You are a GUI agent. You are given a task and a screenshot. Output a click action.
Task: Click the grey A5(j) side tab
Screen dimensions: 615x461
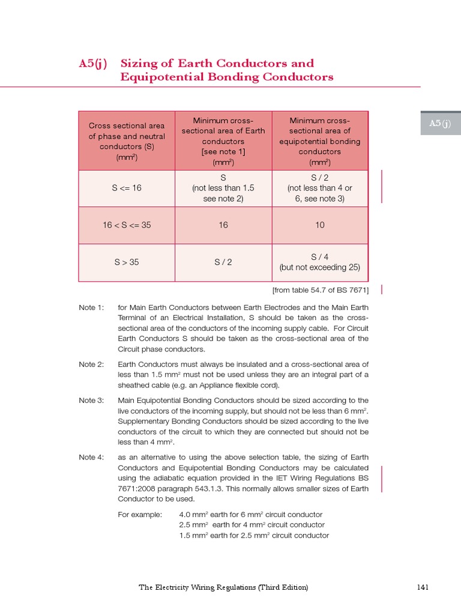coord(440,123)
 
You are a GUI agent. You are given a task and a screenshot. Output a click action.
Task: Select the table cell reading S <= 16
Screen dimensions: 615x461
coord(127,188)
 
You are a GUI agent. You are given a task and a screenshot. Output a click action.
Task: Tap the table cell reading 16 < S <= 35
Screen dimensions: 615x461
coord(127,225)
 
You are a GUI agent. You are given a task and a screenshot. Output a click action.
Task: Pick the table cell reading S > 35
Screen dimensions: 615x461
coord(127,262)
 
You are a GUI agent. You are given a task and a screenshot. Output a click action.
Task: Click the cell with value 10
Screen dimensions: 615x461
coord(320,225)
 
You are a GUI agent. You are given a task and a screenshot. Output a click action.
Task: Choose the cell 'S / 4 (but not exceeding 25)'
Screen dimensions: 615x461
coord(320,262)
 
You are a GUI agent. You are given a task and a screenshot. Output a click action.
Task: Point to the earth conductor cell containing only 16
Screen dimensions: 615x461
coord(223,225)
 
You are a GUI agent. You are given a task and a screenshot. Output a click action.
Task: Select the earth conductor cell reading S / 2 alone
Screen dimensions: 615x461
coord(223,262)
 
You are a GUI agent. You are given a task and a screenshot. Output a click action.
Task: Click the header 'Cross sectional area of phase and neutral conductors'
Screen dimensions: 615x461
coord(127,141)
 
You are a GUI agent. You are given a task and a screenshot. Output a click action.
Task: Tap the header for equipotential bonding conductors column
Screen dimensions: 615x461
coord(320,141)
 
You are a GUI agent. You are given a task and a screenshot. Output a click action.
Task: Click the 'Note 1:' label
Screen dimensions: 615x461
coord(91,307)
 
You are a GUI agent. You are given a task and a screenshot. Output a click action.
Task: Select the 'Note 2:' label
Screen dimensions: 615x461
coord(91,365)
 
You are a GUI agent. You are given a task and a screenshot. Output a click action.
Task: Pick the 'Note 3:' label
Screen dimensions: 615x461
coord(91,401)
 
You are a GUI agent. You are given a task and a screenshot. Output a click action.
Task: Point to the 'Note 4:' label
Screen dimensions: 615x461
coord(91,458)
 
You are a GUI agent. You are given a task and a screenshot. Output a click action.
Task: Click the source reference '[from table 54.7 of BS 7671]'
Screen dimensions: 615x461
coord(321,290)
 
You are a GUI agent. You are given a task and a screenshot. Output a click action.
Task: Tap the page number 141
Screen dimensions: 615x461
coord(423,587)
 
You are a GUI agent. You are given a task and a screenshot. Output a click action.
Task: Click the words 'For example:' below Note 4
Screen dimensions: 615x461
coord(140,515)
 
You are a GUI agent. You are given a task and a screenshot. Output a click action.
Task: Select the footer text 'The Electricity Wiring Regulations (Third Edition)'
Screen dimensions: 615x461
coord(223,587)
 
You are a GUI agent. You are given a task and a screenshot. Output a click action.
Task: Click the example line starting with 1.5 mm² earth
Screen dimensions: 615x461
coord(254,535)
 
